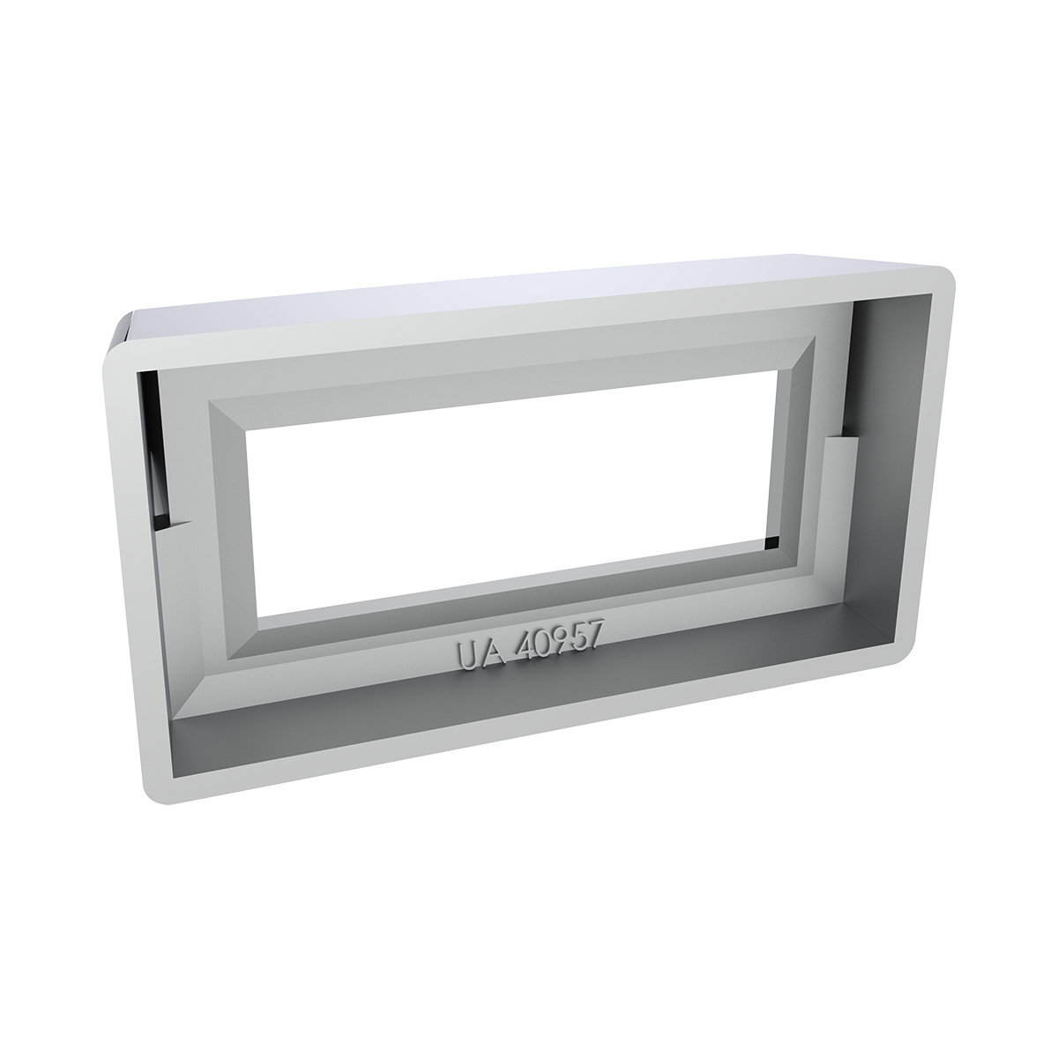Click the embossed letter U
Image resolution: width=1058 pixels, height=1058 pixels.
point(468,654)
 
